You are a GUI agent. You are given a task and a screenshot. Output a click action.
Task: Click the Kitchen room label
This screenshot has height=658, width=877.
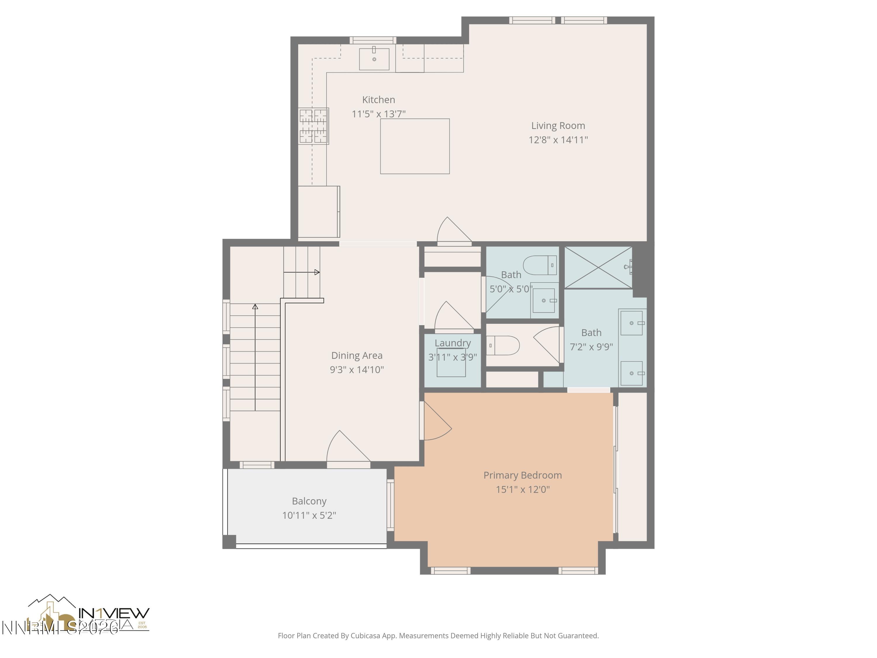378,99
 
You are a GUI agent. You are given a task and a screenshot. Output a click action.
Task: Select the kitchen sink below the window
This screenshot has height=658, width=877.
374,59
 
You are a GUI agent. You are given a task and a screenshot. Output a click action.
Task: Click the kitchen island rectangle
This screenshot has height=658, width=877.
415,146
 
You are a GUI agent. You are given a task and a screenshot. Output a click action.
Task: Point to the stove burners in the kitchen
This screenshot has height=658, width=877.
313,126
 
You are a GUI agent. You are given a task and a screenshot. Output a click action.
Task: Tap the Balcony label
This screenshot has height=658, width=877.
309,501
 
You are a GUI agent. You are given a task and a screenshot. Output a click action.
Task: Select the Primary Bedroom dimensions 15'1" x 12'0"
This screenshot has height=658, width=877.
523,490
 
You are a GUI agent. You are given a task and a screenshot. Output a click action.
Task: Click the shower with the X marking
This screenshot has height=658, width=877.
598,267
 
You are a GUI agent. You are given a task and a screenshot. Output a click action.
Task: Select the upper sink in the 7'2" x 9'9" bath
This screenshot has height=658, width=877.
631,323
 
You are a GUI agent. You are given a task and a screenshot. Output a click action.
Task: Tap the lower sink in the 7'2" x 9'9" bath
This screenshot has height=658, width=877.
631,373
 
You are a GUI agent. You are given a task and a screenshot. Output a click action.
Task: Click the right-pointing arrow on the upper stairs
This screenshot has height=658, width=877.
317,272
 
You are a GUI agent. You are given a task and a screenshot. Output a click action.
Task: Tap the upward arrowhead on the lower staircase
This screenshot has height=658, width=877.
255,306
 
